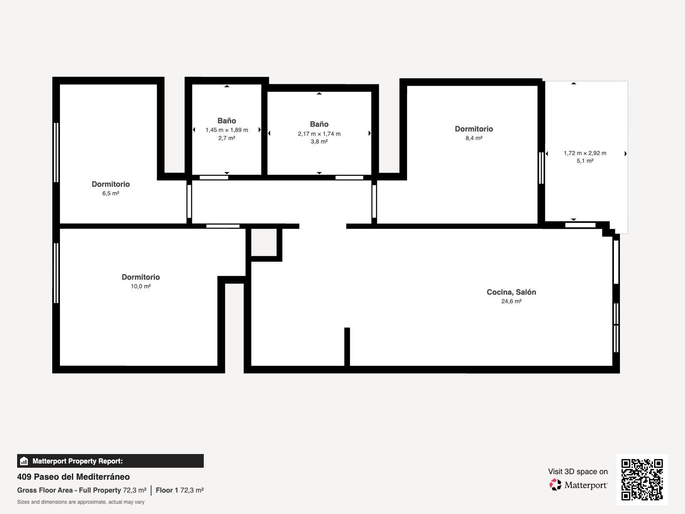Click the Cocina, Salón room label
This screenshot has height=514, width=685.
click(x=511, y=292)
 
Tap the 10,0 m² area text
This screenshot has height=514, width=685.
click(x=141, y=286)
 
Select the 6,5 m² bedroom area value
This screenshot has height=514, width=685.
click(x=111, y=193)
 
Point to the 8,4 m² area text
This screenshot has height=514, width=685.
click(x=474, y=138)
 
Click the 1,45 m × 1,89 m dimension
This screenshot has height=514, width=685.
click(x=226, y=130)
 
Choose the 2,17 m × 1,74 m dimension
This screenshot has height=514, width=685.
click(x=319, y=134)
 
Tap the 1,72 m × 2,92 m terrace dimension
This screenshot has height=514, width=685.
click(x=585, y=153)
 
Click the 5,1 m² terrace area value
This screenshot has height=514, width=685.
click(x=585, y=161)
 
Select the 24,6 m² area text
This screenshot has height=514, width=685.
click(x=511, y=301)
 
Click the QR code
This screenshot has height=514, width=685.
click(x=642, y=479)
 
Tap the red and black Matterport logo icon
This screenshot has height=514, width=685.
click(x=555, y=485)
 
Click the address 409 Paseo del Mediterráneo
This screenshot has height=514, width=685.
click(x=73, y=477)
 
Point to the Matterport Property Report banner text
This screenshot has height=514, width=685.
click(x=78, y=461)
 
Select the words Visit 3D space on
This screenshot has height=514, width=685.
click(x=578, y=472)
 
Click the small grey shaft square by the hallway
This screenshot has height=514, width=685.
click(x=264, y=242)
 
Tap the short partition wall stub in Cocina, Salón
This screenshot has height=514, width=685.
click(x=347, y=347)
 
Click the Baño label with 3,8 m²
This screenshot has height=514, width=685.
click(x=319, y=124)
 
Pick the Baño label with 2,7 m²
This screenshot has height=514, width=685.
click(x=226, y=121)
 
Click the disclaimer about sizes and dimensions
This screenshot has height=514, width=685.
click(x=80, y=502)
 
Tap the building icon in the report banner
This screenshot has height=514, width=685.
click(x=24, y=461)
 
